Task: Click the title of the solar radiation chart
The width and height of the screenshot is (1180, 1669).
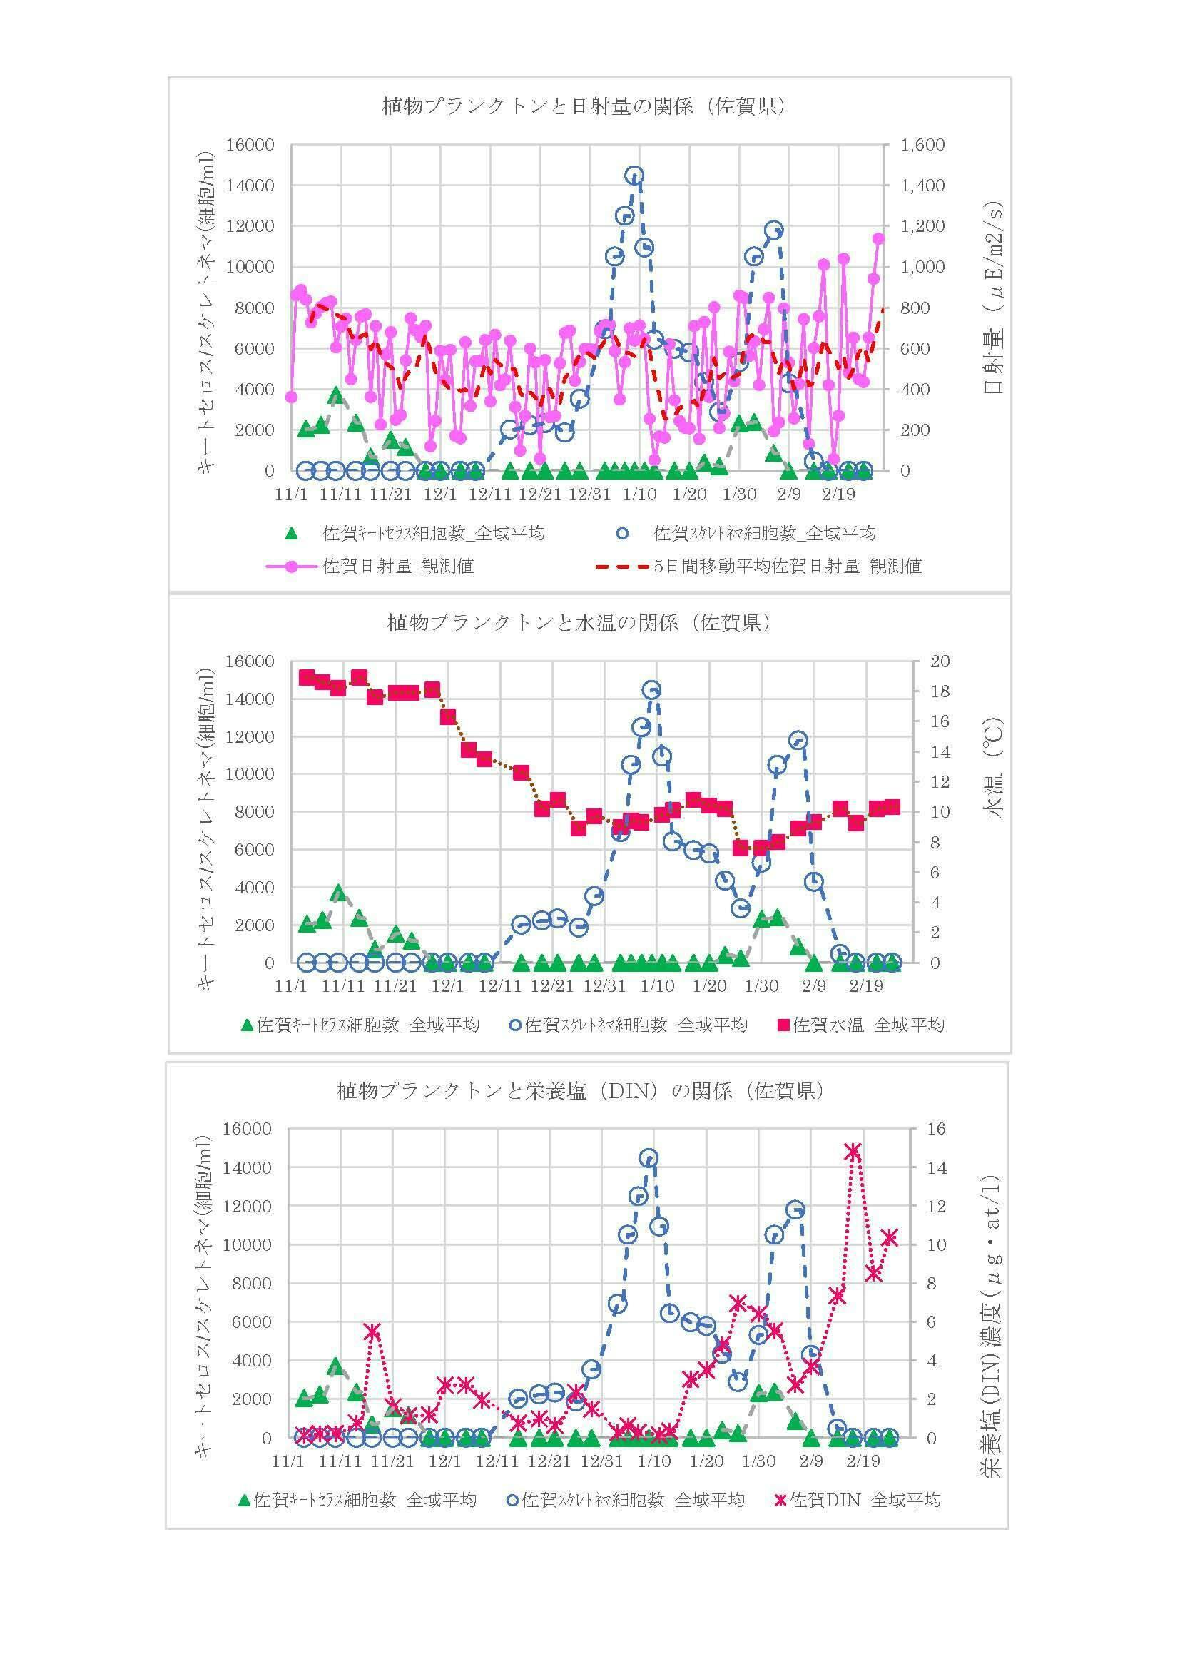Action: (x=584, y=107)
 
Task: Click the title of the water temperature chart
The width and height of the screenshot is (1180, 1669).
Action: (x=579, y=623)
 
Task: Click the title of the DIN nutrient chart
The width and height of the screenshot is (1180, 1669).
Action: (x=580, y=1091)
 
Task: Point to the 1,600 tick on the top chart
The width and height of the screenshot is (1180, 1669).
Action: (x=922, y=145)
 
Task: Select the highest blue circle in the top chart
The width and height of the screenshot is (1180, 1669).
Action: (x=634, y=176)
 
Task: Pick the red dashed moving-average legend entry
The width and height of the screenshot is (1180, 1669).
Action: (x=758, y=567)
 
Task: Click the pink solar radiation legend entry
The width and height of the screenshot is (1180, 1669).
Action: (x=370, y=567)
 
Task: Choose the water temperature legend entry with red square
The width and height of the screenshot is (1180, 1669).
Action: (x=861, y=1025)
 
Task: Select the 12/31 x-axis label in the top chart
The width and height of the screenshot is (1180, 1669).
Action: (x=589, y=495)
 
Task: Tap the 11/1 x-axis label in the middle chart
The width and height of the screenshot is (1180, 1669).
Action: (x=290, y=986)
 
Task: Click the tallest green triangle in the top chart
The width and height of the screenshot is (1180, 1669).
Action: (x=336, y=395)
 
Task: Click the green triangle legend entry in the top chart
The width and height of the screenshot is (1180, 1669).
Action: (x=417, y=534)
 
